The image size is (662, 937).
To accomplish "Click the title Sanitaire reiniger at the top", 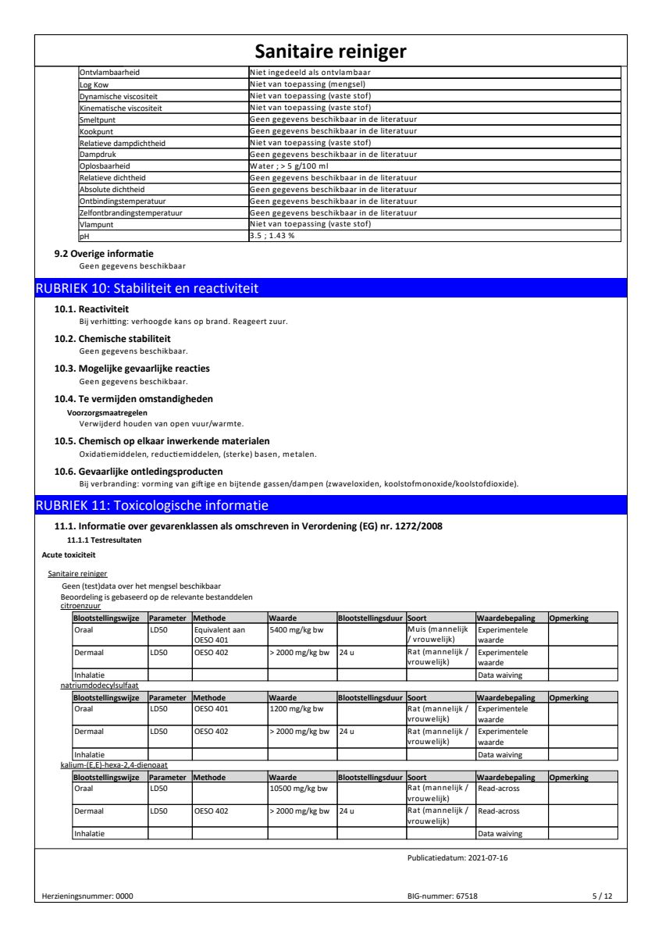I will pyautogui.click(x=331, y=52).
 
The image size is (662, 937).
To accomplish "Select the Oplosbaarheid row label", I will pyautogui.click(x=105, y=166).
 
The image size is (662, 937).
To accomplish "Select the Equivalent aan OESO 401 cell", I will pyautogui.click(x=219, y=634).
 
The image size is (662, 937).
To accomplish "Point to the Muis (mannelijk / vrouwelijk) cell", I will pyautogui.click(x=440, y=634).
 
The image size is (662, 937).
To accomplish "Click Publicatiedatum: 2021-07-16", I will pyautogui.click(x=457, y=857).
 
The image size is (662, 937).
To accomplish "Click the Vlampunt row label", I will pyautogui.click(x=97, y=224).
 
